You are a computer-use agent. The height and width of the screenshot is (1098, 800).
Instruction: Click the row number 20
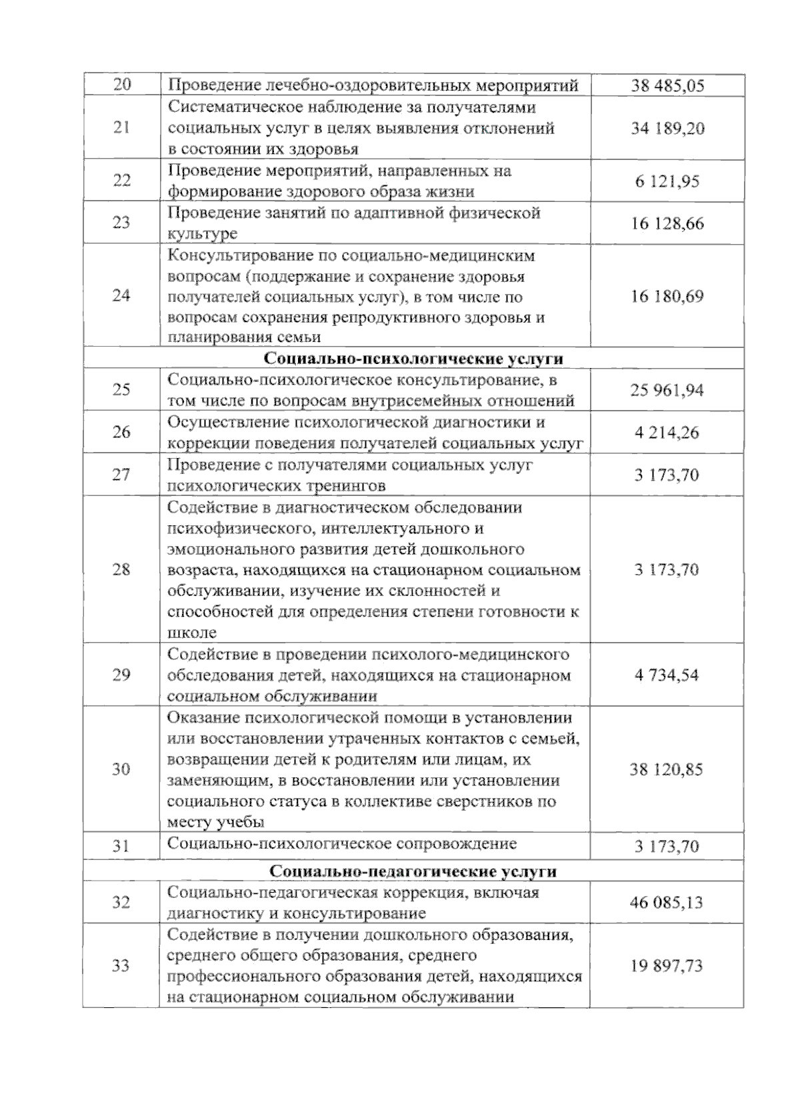click(x=122, y=85)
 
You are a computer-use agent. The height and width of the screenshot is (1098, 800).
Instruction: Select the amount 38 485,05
click(x=667, y=86)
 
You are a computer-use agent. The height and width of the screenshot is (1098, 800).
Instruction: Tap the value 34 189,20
click(x=667, y=128)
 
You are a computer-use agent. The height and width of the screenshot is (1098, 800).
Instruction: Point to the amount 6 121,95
click(x=667, y=181)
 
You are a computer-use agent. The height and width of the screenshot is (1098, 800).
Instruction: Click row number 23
click(x=121, y=223)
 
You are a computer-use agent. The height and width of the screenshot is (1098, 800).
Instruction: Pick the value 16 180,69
click(x=667, y=296)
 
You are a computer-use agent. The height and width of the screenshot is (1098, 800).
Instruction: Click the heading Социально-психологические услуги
click(x=413, y=359)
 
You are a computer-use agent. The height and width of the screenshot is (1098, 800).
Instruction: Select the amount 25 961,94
click(x=667, y=390)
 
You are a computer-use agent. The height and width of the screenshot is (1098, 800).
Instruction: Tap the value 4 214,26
click(x=667, y=433)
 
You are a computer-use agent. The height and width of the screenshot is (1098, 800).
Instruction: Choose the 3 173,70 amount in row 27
click(x=667, y=475)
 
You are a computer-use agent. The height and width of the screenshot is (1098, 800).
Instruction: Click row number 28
click(x=121, y=569)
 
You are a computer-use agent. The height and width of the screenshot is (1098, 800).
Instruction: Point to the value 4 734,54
click(x=667, y=675)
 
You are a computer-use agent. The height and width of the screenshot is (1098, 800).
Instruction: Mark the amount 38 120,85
click(x=667, y=769)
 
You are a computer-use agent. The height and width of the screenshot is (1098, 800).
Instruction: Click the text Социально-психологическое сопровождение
click(x=342, y=844)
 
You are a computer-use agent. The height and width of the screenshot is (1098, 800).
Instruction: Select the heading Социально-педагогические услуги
click(x=413, y=871)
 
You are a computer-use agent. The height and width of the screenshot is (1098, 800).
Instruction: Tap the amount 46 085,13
click(x=667, y=903)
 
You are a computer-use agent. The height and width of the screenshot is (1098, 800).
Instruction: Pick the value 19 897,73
click(x=667, y=965)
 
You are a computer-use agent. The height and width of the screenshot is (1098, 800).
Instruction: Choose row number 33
click(x=121, y=965)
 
